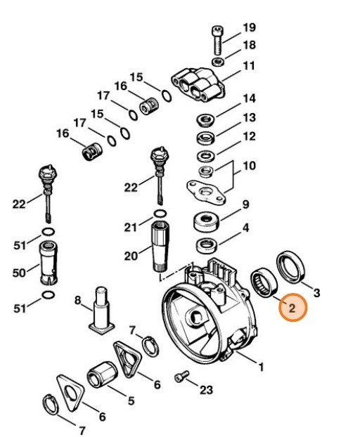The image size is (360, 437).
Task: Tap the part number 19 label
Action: pyautogui.click(x=250, y=27)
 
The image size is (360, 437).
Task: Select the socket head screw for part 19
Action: pyautogui.click(x=217, y=41)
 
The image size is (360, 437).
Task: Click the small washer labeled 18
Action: pyautogui.click(x=219, y=63)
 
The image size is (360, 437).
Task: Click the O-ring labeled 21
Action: pyautogui.click(x=160, y=213)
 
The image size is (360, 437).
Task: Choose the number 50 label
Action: pyautogui.click(x=19, y=271)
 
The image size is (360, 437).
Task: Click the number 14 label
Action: pyautogui.click(x=249, y=98)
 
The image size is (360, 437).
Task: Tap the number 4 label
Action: pyautogui.click(x=245, y=228)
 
